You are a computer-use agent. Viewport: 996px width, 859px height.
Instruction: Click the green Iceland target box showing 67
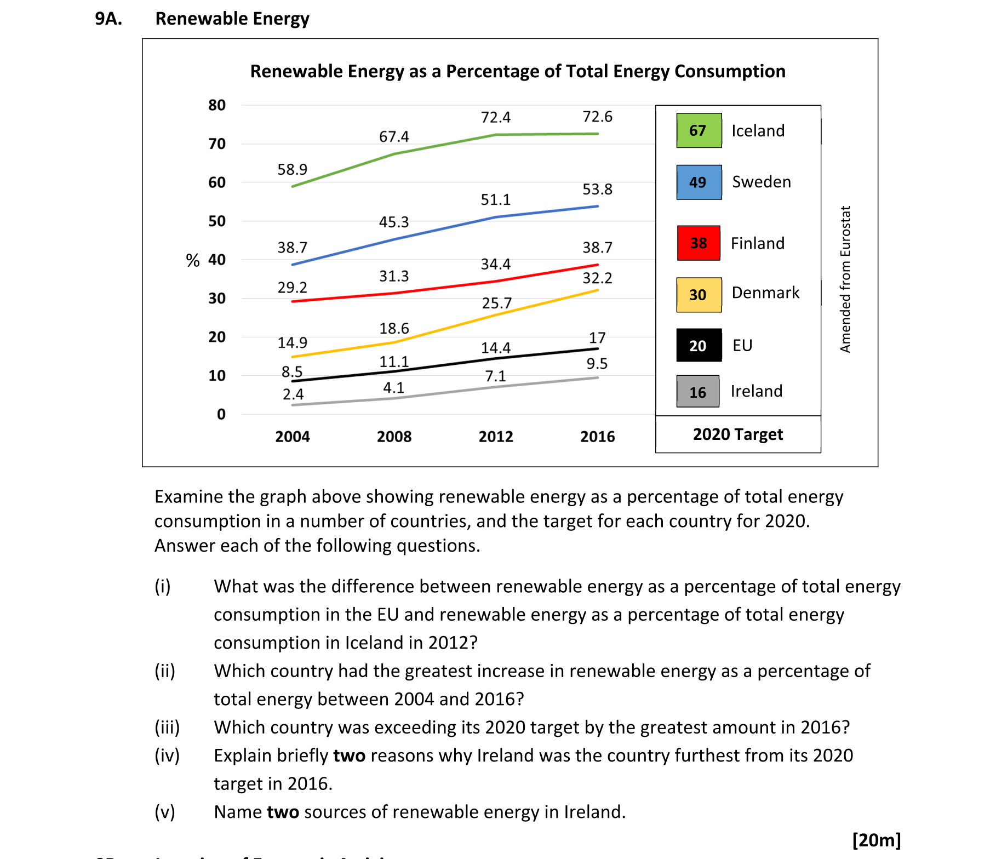pos(699,130)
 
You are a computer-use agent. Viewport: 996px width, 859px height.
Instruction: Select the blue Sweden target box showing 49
pos(699,182)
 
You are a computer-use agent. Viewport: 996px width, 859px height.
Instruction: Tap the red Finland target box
pos(699,243)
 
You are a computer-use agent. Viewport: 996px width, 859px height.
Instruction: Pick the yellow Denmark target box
pos(699,295)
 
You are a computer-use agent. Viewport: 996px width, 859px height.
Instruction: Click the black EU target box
pos(699,345)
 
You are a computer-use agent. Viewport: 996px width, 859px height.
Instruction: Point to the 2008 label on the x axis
pos(394,437)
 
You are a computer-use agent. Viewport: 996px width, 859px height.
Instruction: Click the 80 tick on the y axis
pos(217,105)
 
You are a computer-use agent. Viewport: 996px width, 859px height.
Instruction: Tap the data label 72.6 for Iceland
pos(597,117)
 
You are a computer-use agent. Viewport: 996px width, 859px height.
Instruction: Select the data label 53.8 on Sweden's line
pos(597,190)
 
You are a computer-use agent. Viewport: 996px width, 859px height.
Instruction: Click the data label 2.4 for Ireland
pos(293,394)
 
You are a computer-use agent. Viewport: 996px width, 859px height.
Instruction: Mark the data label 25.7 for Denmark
pos(496,303)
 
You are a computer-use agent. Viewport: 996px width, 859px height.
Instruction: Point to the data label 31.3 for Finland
pos(394,276)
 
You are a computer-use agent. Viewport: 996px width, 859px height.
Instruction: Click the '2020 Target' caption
pos(737,434)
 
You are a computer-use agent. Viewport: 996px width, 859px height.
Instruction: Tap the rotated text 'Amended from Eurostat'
pos(845,279)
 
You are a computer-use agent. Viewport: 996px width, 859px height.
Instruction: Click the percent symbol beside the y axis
pos(192,260)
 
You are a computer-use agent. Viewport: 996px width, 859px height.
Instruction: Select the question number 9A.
pos(108,19)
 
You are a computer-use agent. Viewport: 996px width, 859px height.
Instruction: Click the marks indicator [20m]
pos(876,840)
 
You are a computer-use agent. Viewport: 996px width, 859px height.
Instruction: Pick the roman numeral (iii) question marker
pos(167,728)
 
